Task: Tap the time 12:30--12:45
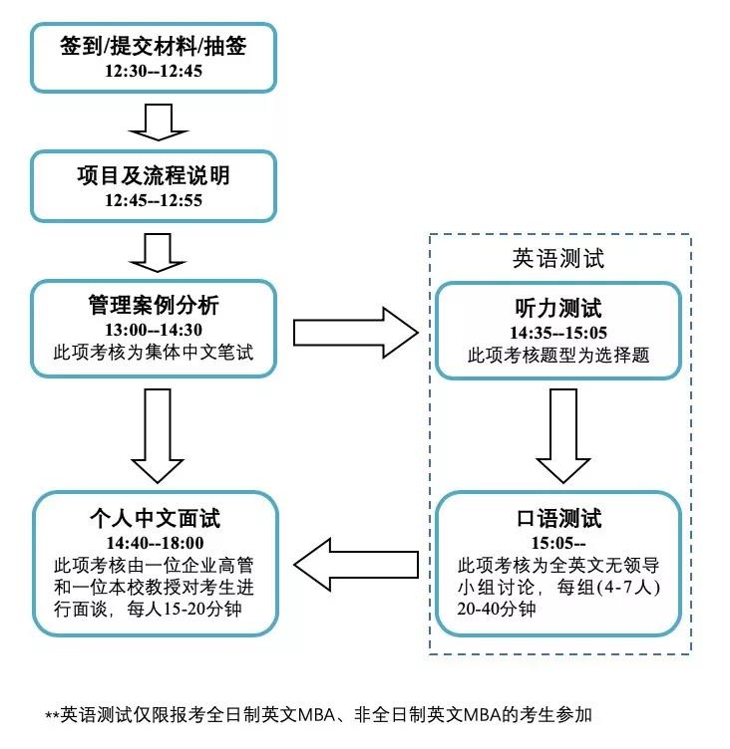153,73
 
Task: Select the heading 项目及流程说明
153,176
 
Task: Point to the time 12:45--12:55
153,199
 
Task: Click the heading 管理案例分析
153,306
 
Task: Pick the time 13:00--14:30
153,330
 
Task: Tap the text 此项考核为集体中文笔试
153,352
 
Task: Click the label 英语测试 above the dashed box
558,258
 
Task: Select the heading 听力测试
558,309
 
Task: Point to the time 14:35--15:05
558,332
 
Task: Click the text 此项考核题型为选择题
558,355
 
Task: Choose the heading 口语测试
558,519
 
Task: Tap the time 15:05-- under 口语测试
558,543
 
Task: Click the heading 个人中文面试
153,519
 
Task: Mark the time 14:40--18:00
153,543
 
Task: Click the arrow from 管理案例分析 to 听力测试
354,330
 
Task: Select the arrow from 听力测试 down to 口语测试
557,432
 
